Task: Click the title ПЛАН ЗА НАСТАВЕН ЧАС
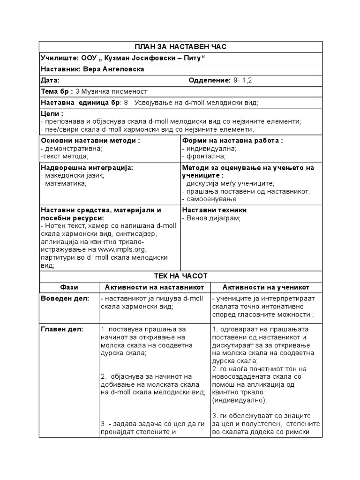(x=180, y=46)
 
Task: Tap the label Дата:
(x=50, y=80)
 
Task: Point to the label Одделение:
(x=210, y=80)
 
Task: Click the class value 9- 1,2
(x=243, y=80)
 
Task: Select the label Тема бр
(x=56, y=91)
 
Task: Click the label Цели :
(x=52, y=114)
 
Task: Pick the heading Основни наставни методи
(x=90, y=141)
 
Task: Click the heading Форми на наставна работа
(x=232, y=141)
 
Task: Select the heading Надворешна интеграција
(x=87, y=168)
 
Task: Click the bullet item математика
(x=66, y=183)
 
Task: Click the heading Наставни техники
(x=214, y=210)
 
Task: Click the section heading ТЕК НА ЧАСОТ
(x=180, y=276)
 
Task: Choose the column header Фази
(x=69, y=287)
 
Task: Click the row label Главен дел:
(x=62, y=329)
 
